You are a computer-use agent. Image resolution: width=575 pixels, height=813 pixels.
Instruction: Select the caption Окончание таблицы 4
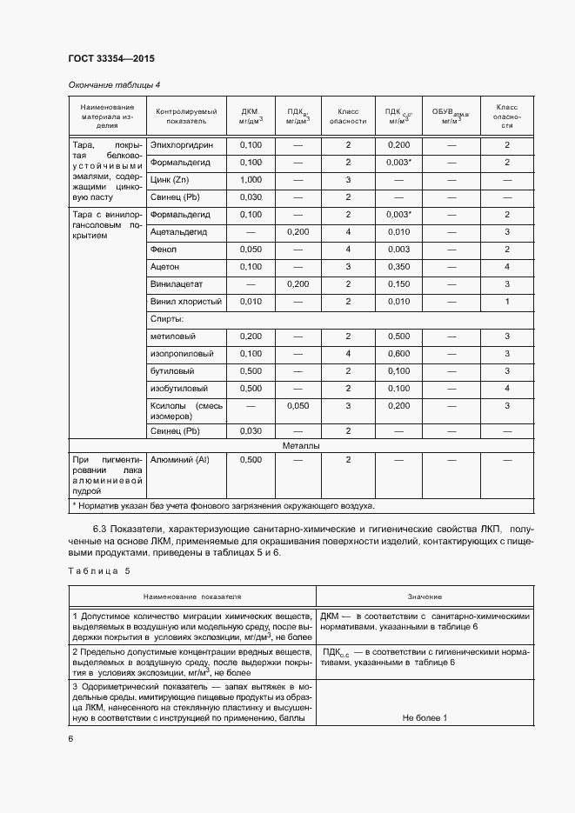pyautogui.click(x=114, y=84)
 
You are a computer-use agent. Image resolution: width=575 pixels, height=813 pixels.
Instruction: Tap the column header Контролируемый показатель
pyautogui.click(x=186, y=117)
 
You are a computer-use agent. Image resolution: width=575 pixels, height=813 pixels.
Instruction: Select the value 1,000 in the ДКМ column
pyautogui.click(x=251, y=179)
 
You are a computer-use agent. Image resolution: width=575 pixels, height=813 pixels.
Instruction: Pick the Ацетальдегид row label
pyautogui.click(x=181, y=232)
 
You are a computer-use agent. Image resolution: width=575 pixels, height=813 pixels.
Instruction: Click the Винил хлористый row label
pyautogui.click(x=186, y=302)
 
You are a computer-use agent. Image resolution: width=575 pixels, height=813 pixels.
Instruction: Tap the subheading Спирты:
pyautogui.click(x=167, y=319)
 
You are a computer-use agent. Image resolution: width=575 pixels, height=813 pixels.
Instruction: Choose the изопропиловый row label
pyautogui.click(x=181, y=354)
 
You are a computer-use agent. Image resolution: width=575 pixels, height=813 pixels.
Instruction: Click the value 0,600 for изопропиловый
pyautogui.click(x=398, y=354)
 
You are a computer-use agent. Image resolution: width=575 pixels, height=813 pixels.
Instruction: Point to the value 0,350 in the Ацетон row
pyautogui.click(x=398, y=267)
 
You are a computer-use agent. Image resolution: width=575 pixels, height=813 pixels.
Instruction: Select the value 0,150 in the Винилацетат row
pyautogui.click(x=398, y=284)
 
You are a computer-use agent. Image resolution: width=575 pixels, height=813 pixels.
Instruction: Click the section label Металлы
pyautogui.click(x=301, y=445)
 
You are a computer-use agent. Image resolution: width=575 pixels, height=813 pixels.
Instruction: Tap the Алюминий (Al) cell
pyautogui.click(x=180, y=460)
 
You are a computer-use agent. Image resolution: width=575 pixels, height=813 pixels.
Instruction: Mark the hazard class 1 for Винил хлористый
pyautogui.click(x=506, y=302)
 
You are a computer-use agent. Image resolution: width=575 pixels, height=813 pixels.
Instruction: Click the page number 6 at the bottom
pyautogui.click(x=70, y=737)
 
